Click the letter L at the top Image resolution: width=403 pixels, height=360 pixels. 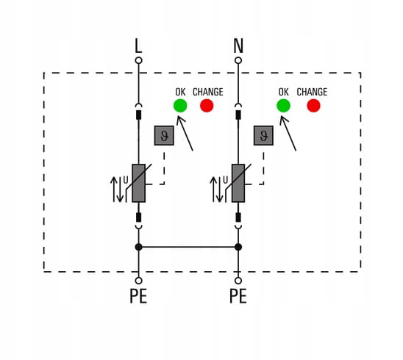138,46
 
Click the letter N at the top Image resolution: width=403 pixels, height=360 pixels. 238,46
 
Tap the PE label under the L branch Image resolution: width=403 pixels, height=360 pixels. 138,297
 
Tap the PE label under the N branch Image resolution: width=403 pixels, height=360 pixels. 238,297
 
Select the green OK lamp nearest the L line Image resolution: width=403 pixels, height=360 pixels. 180,106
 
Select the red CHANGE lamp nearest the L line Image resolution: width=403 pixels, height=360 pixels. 207,106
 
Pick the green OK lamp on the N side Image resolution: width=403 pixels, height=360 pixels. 283,106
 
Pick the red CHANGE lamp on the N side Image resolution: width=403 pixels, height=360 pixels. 313,106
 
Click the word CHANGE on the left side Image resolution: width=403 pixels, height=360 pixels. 207,92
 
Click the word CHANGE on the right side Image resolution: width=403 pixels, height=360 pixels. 312,92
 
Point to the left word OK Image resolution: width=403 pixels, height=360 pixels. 180,92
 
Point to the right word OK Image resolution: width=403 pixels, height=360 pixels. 283,92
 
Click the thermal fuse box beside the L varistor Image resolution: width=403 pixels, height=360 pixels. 164,135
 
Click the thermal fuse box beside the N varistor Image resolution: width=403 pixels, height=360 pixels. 263,135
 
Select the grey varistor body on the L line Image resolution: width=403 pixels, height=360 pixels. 138,182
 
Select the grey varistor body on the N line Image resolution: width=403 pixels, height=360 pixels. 238,182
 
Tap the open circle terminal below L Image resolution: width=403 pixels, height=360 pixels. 138,60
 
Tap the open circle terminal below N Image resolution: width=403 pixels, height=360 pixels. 238,60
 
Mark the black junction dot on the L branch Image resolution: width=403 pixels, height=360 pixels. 138,247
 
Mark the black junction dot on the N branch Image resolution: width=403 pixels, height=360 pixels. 238,247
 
